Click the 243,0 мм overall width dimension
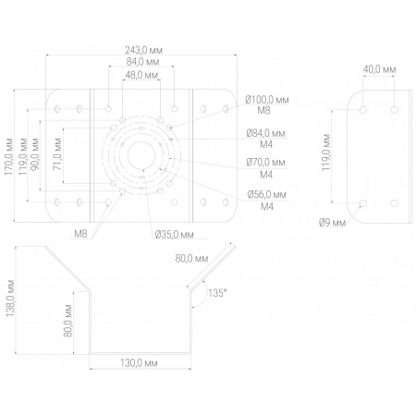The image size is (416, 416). click(143, 50)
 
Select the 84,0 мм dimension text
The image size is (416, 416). click(142, 62)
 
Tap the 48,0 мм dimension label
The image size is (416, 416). click(141, 75)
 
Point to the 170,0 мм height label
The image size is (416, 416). click(9, 156)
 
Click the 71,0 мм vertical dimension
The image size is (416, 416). click(57, 154)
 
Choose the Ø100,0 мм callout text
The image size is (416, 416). click(267, 100)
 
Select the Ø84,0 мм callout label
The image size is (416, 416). click(266, 133)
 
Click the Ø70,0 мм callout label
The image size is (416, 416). click(266, 163)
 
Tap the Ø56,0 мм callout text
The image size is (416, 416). click(267, 194)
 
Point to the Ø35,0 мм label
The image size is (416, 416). click(175, 235)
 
